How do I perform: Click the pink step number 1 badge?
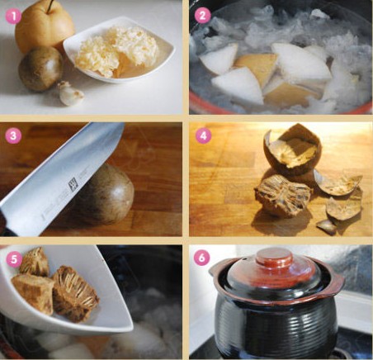[13, 16]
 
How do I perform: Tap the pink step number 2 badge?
[202, 16]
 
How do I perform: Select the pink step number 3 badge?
[13, 135]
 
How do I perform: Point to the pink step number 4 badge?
[203, 135]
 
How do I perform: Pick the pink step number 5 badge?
[13, 258]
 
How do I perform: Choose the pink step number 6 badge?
[201, 258]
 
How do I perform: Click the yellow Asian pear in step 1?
[44, 27]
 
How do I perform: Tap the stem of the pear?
[50, 6]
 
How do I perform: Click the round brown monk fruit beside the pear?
[40, 69]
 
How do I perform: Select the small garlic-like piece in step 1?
[70, 93]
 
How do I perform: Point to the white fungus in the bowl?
[117, 51]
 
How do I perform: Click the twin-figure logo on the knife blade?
[73, 185]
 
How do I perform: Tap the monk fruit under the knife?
[106, 194]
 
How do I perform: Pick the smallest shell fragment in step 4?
[327, 227]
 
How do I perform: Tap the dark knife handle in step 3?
[3, 221]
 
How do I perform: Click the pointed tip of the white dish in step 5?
[130, 328]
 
